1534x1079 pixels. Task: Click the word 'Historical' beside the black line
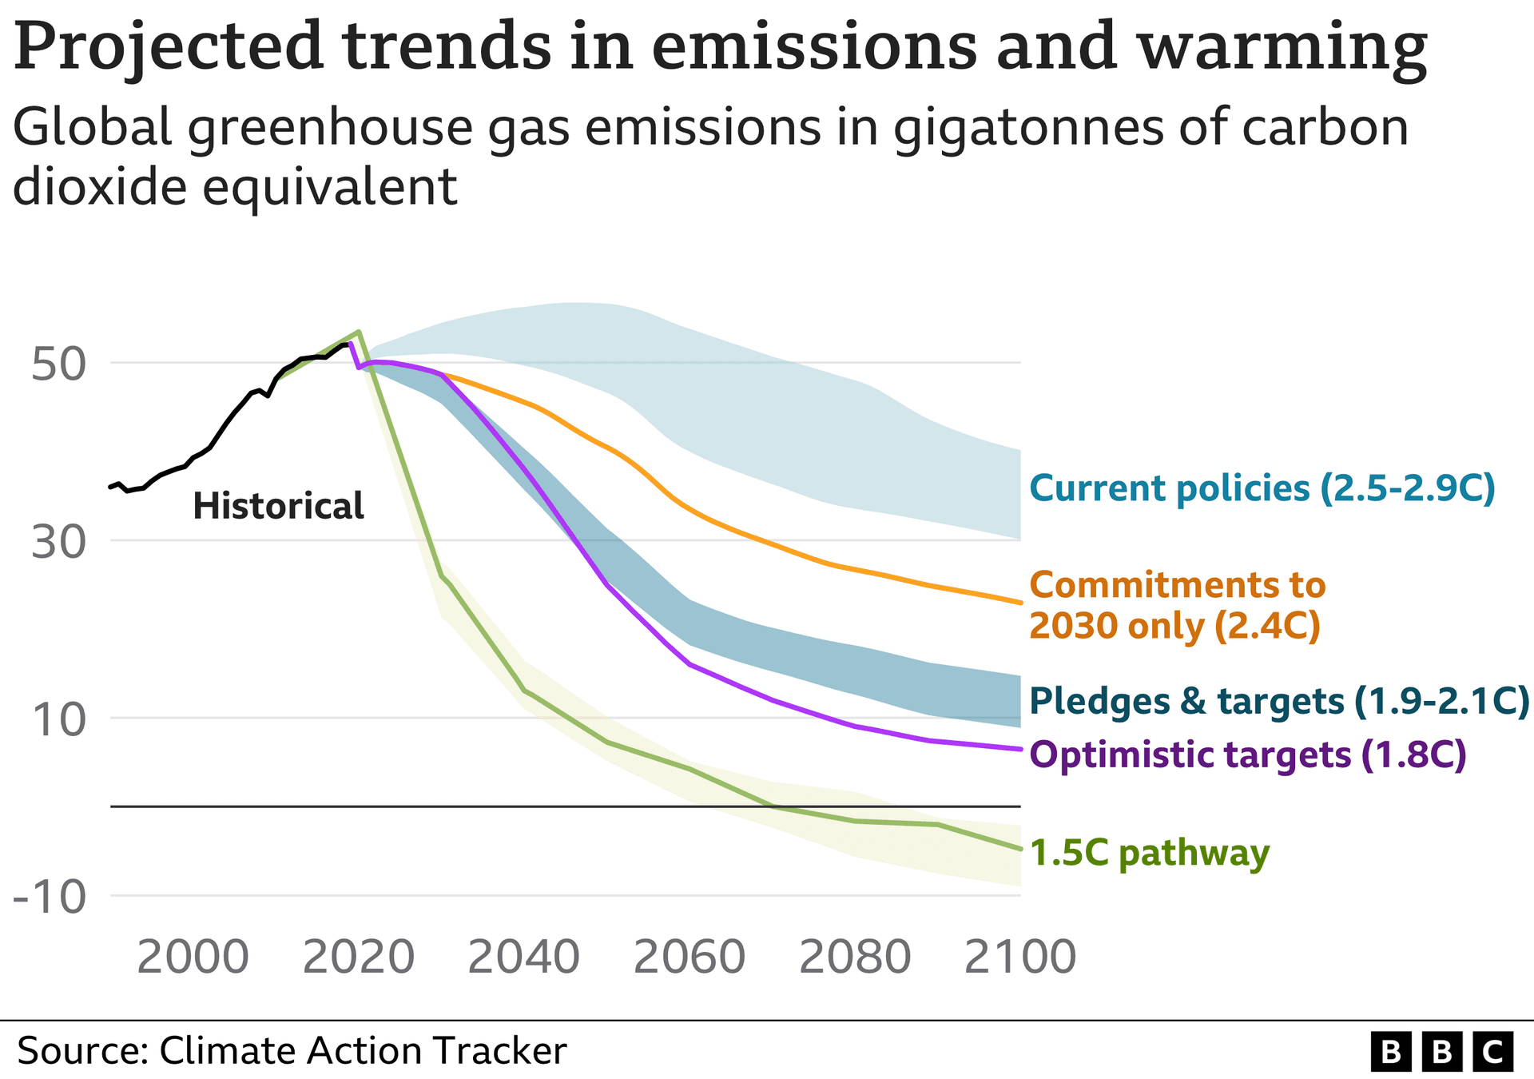tap(278, 507)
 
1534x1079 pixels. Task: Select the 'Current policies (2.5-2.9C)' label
tap(1262, 488)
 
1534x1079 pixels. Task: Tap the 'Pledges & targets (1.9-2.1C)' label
tap(1278, 701)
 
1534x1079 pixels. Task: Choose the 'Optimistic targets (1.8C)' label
tap(1248, 755)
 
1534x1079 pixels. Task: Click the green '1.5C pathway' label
tap(1149, 853)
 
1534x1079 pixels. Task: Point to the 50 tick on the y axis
tap(58, 364)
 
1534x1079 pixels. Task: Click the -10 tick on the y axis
tap(50, 897)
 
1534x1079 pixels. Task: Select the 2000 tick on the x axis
tap(193, 957)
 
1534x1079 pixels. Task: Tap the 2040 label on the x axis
tap(523, 957)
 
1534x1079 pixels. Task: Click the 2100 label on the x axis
tap(1020, 957)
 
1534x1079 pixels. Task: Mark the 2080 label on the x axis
tap(855, 957)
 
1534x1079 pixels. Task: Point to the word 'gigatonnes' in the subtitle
tap(1031, 128)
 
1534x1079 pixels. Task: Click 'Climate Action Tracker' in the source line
tap(363, 1050)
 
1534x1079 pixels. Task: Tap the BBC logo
tap(1441, 1052)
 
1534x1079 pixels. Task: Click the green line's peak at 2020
tap(360, 332)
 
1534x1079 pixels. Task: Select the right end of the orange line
tap(1019, 603)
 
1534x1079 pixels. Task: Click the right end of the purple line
tap(1019, 749)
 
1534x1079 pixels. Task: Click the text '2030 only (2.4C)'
tap(1174, 626)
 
